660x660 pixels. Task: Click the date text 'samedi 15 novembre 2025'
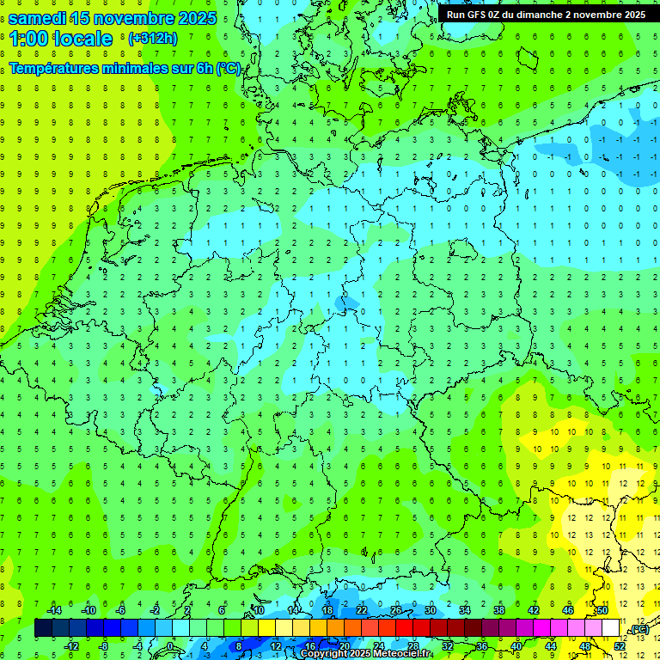pos(113,18)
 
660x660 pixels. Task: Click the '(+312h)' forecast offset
pos(152,39)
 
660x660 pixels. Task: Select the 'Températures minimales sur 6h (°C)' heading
pos(125,68)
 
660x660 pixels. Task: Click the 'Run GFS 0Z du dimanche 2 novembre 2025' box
pos(547,14)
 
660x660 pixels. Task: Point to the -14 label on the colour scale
pos(53,610)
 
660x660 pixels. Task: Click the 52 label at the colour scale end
pos(620,645)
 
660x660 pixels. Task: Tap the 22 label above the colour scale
pos(361,610)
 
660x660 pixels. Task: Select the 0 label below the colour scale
pos(171,645)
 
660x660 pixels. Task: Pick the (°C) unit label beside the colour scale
pos(639,630)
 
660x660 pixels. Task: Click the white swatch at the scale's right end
pos(610,628)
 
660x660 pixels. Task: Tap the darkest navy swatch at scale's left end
pos(43,628)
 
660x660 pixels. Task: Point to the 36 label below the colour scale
pos(481,645)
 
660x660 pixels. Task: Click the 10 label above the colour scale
pos(258,610)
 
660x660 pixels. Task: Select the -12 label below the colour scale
pos(71,645)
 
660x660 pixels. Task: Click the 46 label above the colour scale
pos(567,610)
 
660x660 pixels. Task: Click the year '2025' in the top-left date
pos(196,18)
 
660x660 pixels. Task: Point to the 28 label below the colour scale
pos(412,645)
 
